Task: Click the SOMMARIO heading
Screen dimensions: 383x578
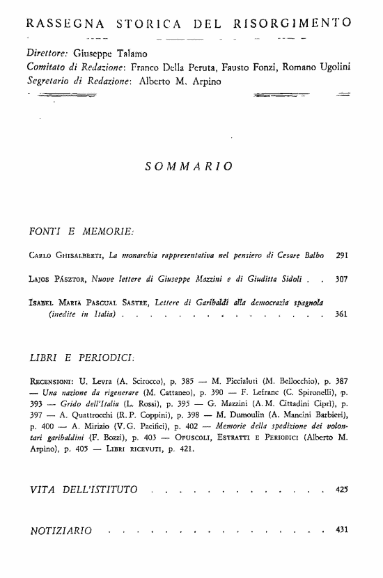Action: click(x=189, y=166)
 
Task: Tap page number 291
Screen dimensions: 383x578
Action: click(x=341, y=256)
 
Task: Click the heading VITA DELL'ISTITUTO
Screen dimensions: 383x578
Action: click(x=84, y=491)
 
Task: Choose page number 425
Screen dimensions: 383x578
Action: click(x=341, y=490)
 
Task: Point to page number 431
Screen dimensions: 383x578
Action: click(x=341, y=531)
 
